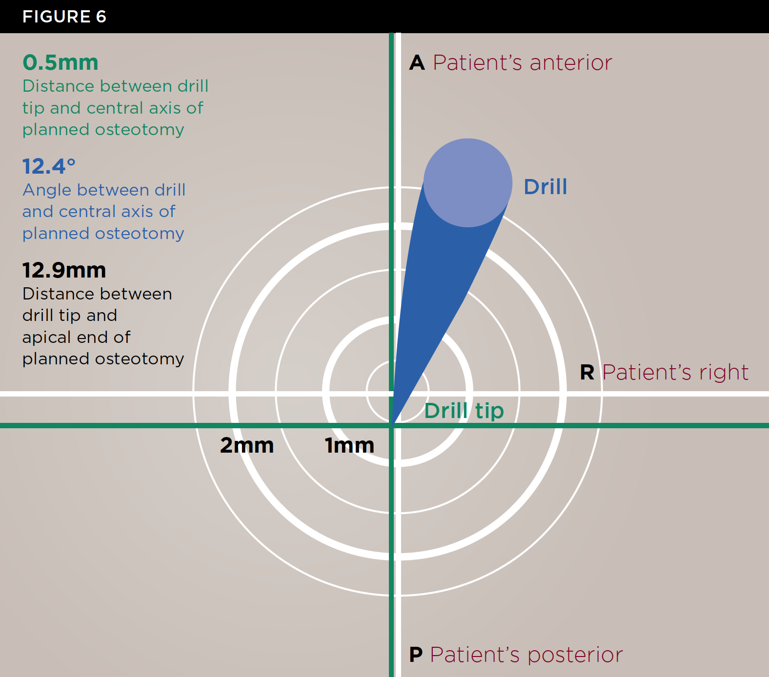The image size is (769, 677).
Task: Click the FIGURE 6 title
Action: pos(64,17)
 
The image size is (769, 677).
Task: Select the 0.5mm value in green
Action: pos(61,62)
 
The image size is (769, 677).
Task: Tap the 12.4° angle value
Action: pos(49,166)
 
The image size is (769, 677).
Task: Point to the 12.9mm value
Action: pos(64,270)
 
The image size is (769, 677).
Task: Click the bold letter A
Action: pos(417,63)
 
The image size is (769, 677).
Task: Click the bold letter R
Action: pos(587,373)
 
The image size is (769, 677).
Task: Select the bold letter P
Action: pos(416,655)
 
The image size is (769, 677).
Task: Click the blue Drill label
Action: pos(545,187)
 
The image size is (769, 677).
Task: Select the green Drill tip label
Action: pos(464,411)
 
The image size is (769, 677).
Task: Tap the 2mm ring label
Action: pos(247,445)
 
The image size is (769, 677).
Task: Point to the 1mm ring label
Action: pos(349,445)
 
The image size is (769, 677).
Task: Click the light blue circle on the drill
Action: pos(467,183)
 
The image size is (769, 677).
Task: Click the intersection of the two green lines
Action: pos(391,426)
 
